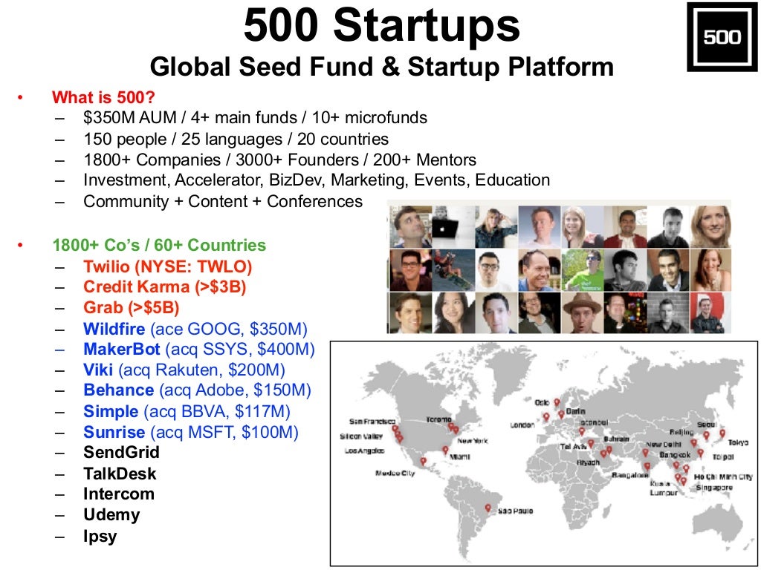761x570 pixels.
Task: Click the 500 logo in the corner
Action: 722,36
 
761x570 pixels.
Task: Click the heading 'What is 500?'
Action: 103,98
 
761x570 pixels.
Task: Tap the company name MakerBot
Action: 122,349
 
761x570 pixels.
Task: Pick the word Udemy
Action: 111,514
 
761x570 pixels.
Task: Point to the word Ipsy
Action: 100,536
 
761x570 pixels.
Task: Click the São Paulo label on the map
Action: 515,511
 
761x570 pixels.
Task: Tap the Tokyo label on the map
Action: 738,442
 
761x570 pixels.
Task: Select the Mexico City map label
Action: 395,473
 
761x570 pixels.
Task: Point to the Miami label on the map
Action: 460,457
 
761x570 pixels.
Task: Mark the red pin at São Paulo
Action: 488,508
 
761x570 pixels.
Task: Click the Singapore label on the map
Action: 713,488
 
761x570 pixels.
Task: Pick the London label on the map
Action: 522,425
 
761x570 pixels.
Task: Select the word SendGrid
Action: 121,452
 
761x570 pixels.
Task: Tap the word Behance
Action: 119,390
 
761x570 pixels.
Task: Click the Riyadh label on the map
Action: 587,462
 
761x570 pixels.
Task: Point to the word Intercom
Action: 119,494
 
